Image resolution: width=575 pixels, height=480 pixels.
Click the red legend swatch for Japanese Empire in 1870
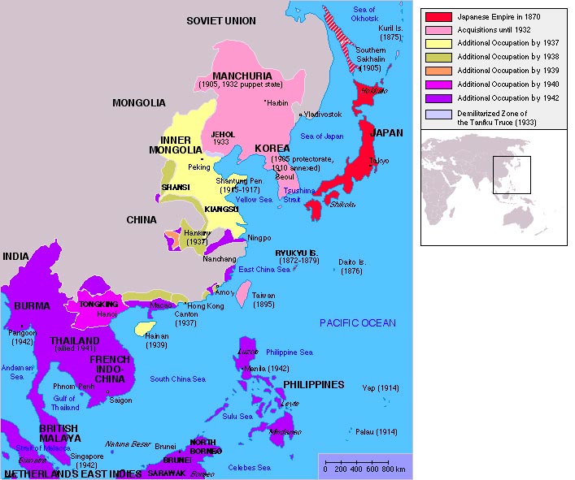(438, 16)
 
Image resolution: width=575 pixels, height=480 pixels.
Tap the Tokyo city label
(379, 162)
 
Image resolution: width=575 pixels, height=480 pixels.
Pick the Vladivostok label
(322, 115)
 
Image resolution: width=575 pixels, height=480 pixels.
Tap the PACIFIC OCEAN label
(357, 323)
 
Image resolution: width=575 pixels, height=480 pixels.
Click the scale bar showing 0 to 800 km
(364, 467)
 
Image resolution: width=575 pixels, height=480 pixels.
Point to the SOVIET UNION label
(220, 20)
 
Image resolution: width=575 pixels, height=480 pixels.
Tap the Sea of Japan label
(324, 135)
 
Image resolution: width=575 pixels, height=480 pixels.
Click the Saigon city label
(120, 400)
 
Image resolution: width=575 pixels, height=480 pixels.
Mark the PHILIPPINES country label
(313, 384)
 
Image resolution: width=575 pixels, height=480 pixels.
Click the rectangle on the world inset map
(511, 175)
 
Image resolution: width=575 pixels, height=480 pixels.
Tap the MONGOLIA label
(140, 103)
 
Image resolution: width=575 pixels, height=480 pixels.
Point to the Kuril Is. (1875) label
(390, 32)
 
